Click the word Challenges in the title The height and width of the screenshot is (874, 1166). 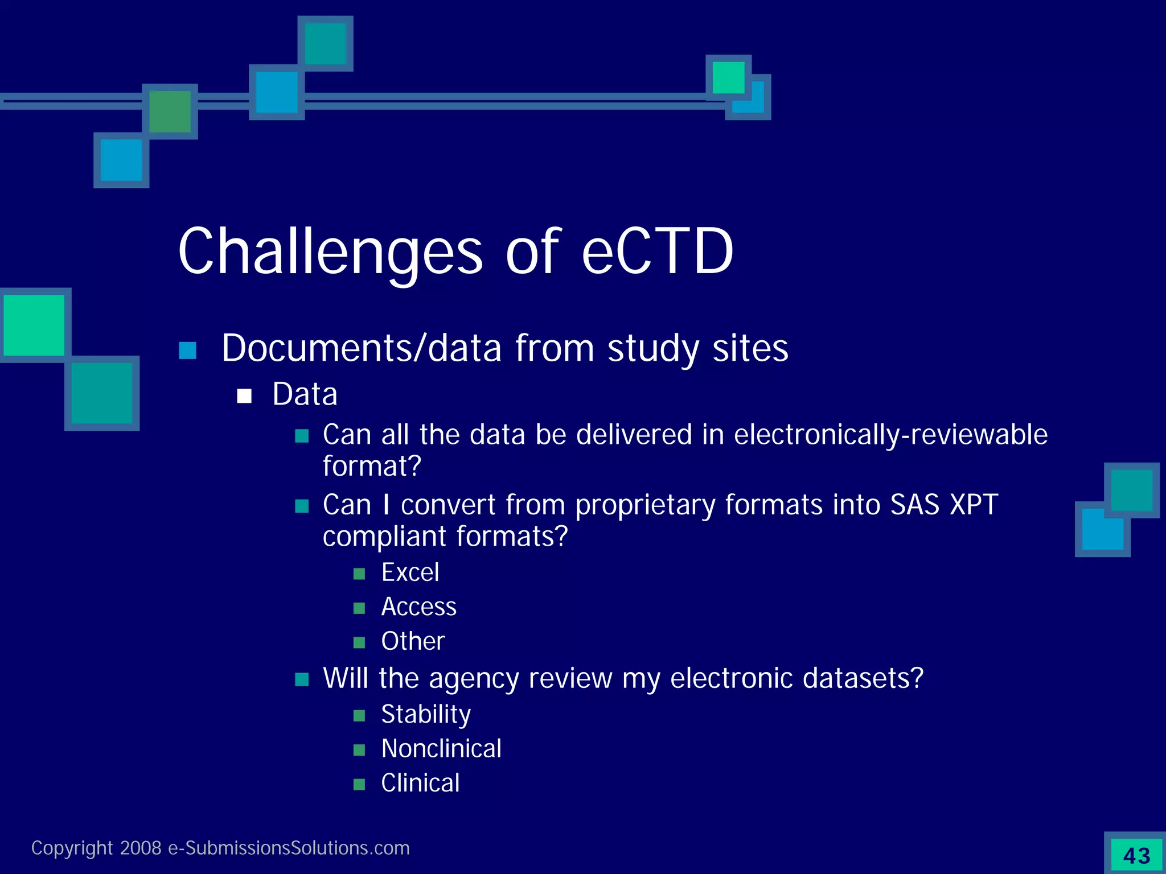(330, 252)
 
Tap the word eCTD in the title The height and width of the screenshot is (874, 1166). (658, 252)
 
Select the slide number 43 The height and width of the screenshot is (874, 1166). (1136, 856)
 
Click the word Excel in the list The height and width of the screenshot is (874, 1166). (410, 572)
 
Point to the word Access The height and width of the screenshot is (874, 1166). (418, 607)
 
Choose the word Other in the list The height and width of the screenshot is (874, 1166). (413, 641)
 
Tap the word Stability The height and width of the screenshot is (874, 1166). (426, 715)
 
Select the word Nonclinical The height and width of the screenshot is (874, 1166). (441, 749)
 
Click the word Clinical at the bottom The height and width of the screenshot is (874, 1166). (420, 784)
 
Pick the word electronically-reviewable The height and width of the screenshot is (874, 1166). (890, 435)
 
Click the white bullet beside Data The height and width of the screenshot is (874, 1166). (244, 396)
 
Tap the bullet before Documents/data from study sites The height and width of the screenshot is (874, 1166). (187, 351)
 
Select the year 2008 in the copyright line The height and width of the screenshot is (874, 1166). (141, 848)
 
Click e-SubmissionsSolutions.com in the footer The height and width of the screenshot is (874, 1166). (289, 848)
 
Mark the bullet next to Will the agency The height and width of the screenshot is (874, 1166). (302, 679)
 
